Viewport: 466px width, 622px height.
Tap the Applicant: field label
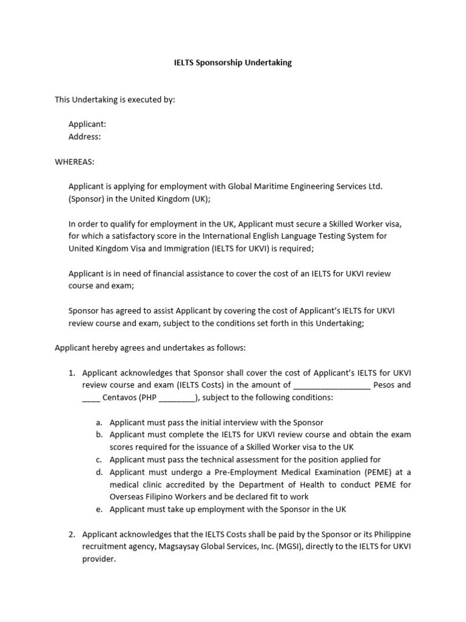87,125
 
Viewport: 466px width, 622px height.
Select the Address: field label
84,137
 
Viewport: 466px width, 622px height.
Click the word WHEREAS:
75,162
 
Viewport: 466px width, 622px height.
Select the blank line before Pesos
331,385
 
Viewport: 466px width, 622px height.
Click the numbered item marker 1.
71,372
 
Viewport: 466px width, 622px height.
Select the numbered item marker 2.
71,534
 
